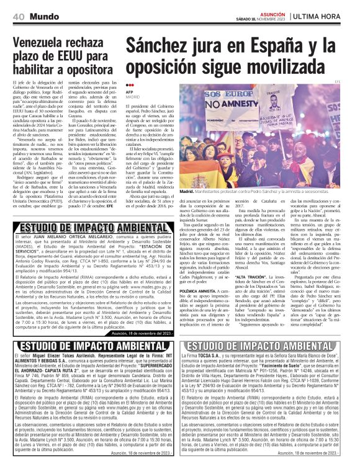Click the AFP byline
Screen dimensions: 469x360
coord(130,92)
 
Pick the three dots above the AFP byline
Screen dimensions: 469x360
coord(130,86)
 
